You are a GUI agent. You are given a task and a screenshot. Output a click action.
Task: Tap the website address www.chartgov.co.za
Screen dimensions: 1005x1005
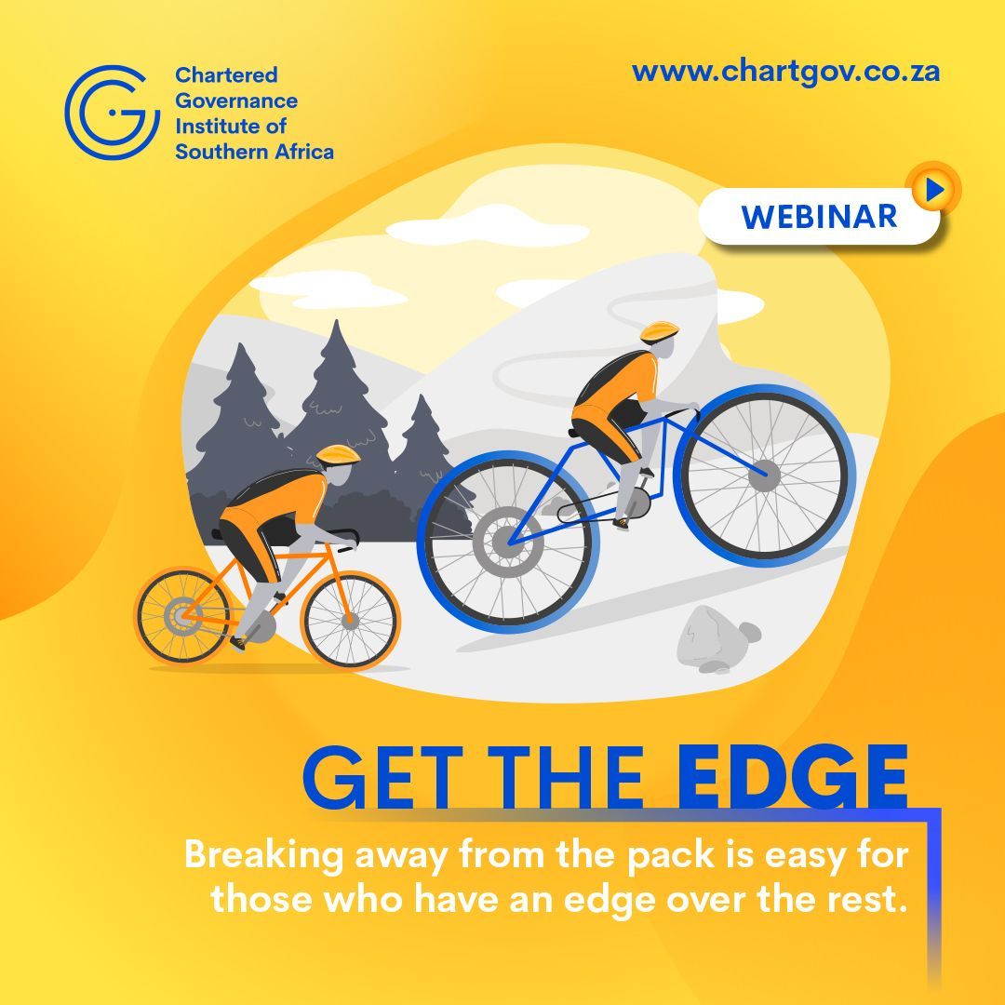785,72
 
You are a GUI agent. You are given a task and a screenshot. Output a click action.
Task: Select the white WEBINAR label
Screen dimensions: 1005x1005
819,217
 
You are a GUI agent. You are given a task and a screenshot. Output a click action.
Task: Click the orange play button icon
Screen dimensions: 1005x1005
934,190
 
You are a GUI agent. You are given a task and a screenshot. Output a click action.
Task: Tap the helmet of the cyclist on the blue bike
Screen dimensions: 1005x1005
659,330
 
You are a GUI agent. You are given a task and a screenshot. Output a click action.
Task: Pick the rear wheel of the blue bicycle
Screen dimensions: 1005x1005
508,540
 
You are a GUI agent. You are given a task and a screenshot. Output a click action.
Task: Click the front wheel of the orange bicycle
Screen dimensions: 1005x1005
350,619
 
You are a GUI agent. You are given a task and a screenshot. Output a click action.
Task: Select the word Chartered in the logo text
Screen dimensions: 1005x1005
226,75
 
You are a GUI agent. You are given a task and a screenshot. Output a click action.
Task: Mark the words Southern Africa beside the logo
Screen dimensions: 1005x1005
254,151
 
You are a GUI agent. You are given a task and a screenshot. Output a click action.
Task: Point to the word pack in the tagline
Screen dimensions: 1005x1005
669,855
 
